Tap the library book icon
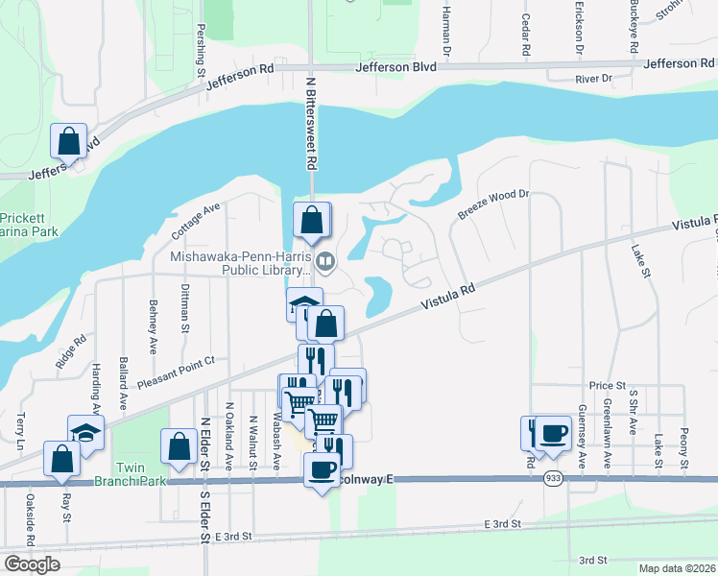click(x=325, y=260)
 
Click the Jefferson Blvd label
click(x=395, y=67)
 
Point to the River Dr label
click(x=593, y=79)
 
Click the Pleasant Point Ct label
click(x=176, y=371)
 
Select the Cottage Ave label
click(x=196, y=220)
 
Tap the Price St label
click(x=607, y=385)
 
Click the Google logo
click(x=32, y=564)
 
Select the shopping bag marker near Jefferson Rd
click(x=69, y=142)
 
